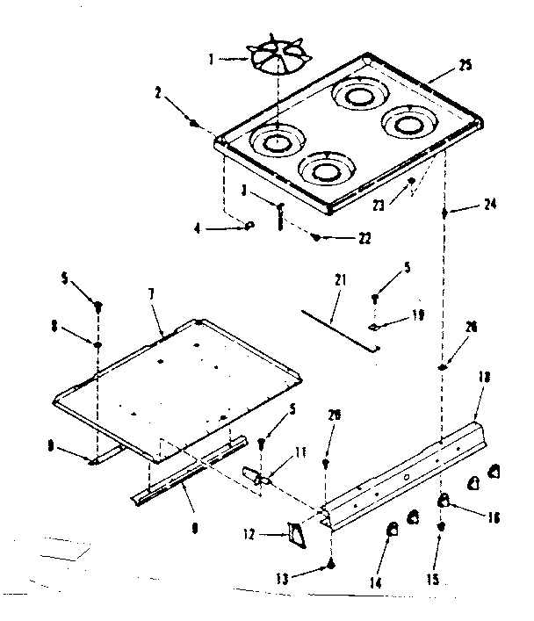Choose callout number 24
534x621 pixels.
491,205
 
